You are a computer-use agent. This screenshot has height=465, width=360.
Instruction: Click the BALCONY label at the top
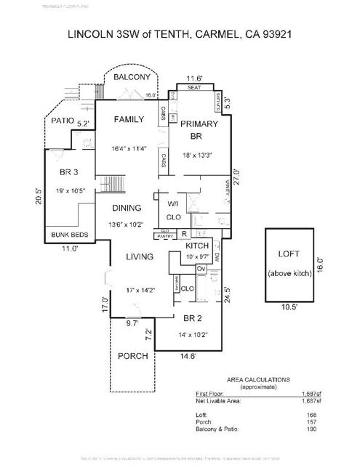[132, 77]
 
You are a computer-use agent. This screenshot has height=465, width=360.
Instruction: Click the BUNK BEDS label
[69, 235]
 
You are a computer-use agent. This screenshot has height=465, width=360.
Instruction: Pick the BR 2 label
[193, 318]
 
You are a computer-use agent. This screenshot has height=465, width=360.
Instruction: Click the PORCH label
[132, 356]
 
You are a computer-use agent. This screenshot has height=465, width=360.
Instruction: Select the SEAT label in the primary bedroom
[194, 87]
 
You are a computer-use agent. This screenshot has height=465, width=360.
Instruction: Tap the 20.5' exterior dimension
[39, 197]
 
